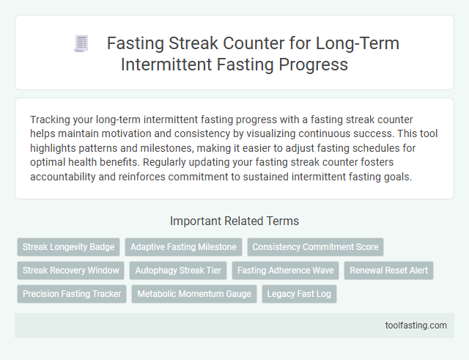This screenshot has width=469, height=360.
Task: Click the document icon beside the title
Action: click(x=81, y=44)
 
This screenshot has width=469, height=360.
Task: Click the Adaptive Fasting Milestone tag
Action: click(x=183, y=247)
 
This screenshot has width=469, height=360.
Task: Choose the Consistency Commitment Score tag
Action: click(x=315, y=247)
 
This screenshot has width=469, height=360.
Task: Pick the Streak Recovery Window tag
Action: click(x=70, y=271)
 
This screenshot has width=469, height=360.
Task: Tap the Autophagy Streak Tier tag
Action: click(x=178, y=271)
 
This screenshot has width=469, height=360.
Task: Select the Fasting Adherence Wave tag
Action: click(x=285, y=271)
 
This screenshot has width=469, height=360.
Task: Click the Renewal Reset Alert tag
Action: click(x=388, y=271)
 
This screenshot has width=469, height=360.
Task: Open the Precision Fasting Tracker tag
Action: click(x=71, y=294)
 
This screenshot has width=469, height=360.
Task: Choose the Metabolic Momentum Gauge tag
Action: click(x=193, y=294)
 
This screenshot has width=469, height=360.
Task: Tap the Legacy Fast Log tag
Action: click(x=299, y=294)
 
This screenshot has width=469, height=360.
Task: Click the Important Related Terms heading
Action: click(x=234, y=221)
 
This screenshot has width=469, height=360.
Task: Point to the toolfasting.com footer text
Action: click(x=416, y=326)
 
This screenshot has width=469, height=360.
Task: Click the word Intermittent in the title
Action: click(x=171, y=64)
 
